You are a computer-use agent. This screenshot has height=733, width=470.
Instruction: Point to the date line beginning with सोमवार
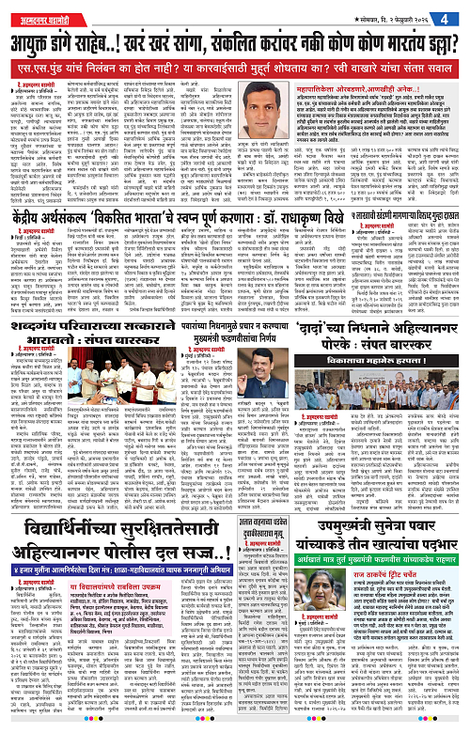click(401, 16)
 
